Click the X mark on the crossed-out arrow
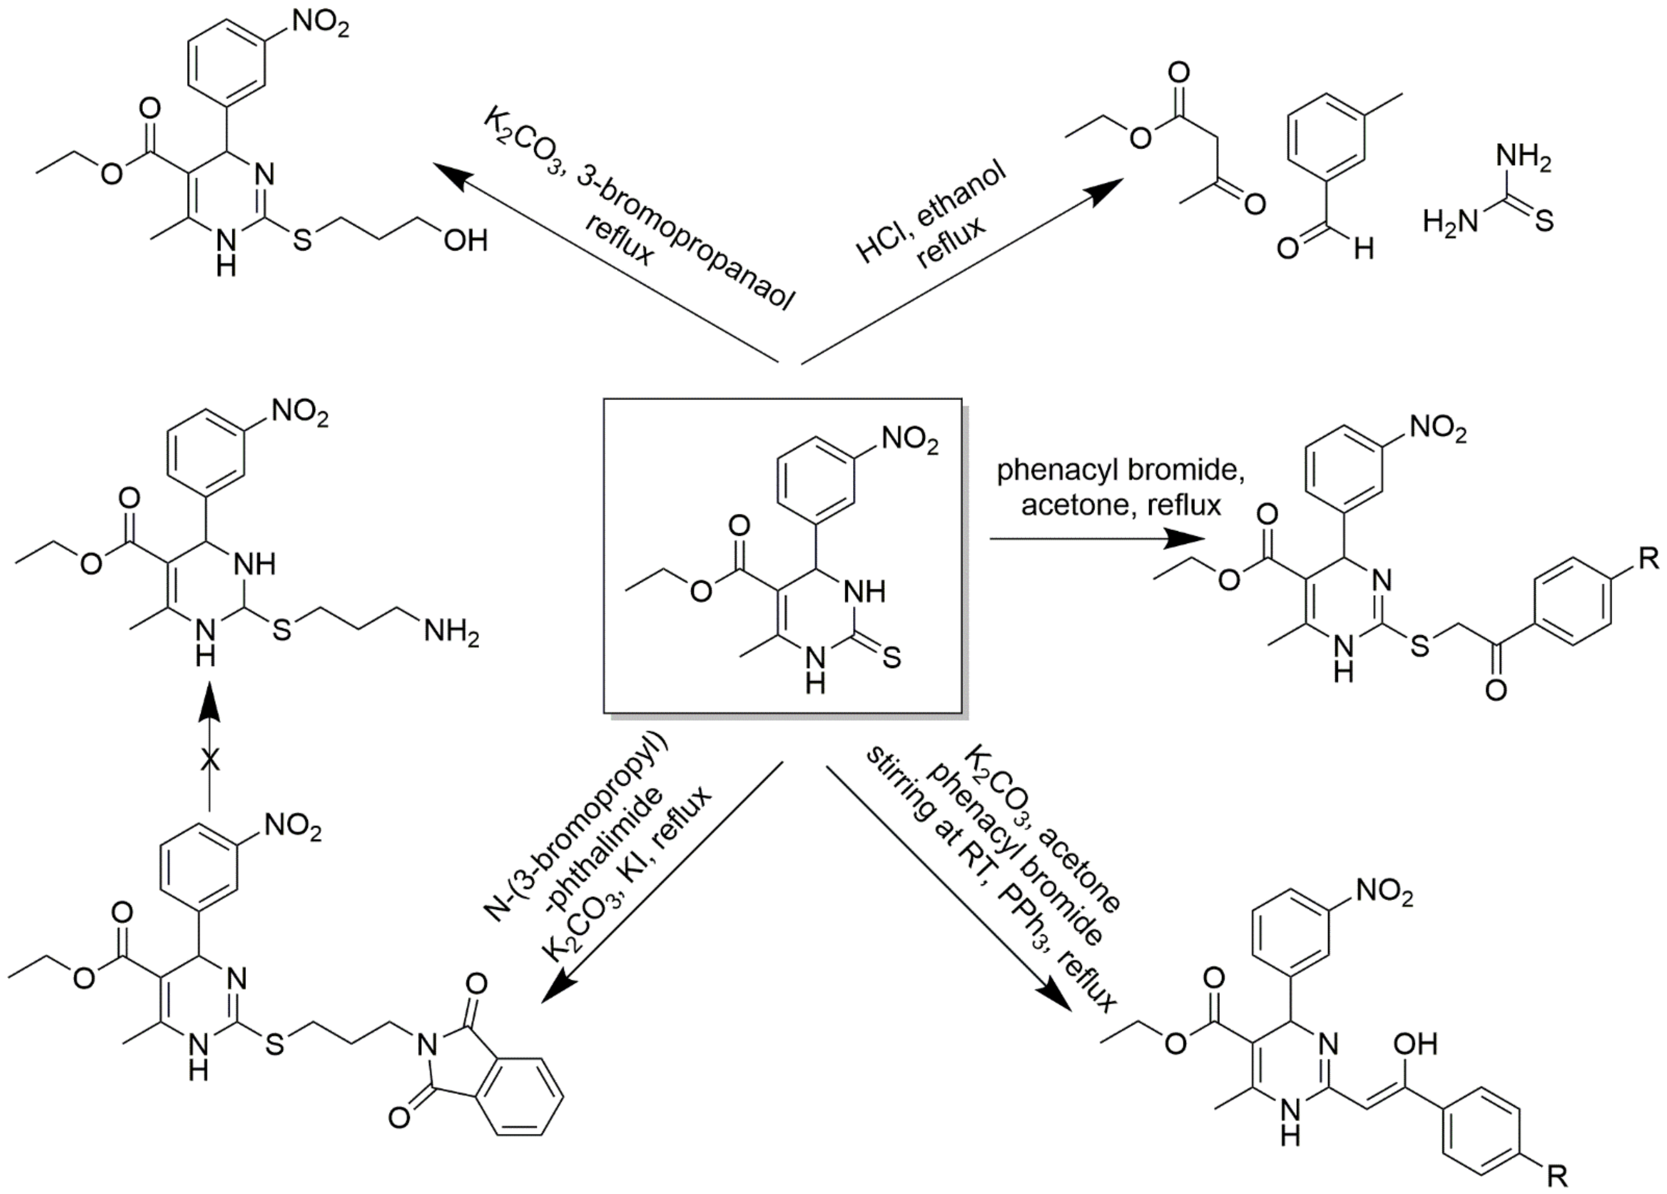point(210,761)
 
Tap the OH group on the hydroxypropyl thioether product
point(465,241)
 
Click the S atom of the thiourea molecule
point(1544,221)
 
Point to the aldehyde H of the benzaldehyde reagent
point(1364,250)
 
